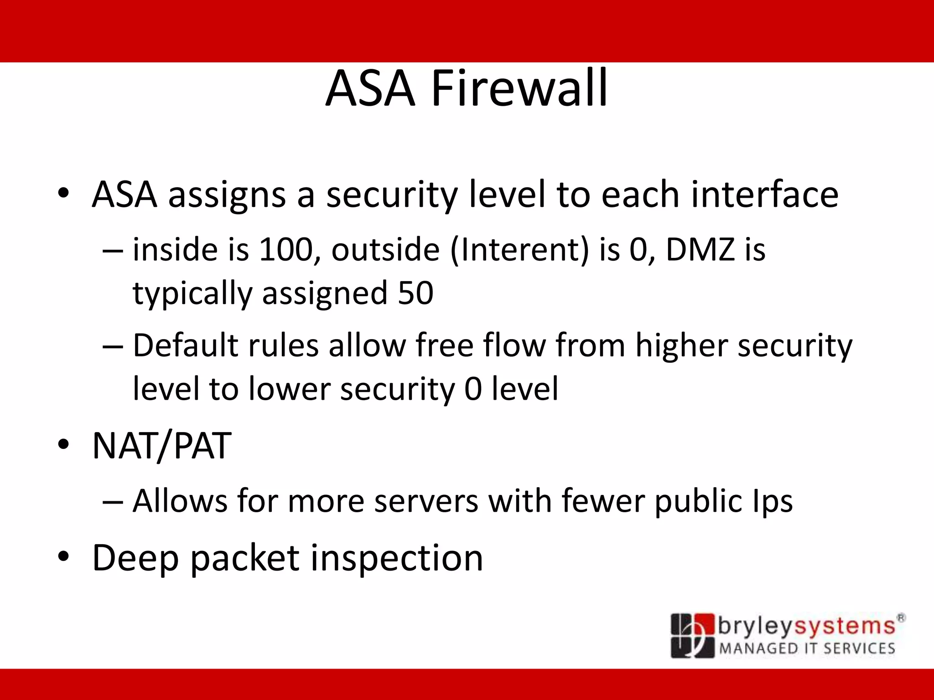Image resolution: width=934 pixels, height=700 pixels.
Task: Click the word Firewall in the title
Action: (x=519, y=88)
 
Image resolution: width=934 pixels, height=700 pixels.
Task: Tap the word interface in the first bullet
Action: (x=765, y=195)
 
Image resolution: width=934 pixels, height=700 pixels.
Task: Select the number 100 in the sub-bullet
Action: (x=285, y=250)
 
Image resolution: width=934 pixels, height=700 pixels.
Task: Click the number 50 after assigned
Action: (x=415, y=293)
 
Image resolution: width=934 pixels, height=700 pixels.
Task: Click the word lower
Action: (x=289, y=389)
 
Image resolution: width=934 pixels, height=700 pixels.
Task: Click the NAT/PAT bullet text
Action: (x=162, y=446)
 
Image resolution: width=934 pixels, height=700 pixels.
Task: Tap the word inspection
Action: (x=396, y=559)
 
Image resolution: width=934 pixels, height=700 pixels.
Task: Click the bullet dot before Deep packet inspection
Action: (x=63, y=556)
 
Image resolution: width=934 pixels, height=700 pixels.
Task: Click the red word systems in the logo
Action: (x=845, y=627)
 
